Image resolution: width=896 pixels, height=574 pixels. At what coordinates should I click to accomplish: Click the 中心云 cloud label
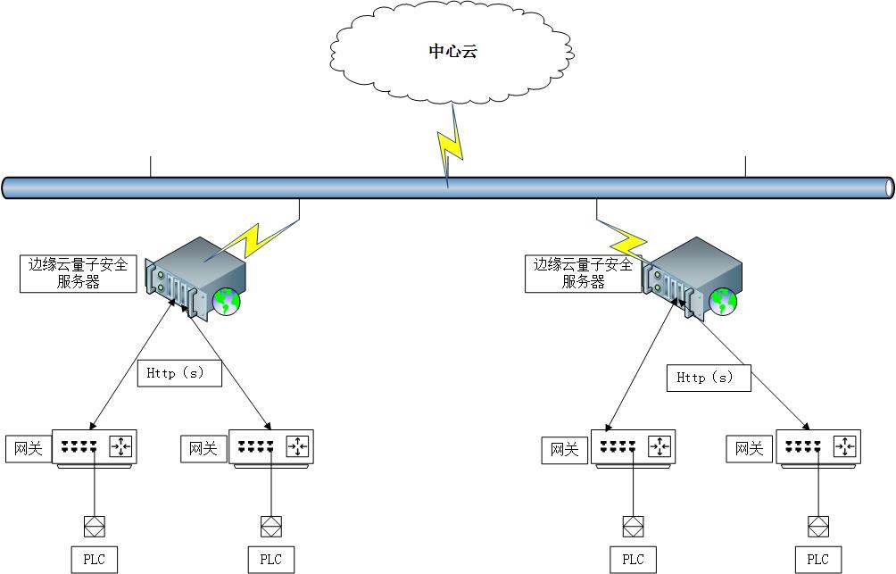(452, 52)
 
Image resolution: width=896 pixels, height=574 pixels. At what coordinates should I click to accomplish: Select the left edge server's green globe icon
(228, 302)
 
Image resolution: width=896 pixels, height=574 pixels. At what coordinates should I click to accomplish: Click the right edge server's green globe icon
(724, 302)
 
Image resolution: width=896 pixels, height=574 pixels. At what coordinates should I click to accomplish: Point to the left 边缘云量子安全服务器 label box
(79, 273)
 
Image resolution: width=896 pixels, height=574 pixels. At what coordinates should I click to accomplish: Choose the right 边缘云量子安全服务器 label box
(584, 273)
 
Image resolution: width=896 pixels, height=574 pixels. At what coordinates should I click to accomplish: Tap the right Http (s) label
(709, 378)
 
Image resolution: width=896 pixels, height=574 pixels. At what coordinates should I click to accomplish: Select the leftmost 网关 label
(29, 448)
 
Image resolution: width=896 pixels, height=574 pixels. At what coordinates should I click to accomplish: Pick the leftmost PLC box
(94, 560)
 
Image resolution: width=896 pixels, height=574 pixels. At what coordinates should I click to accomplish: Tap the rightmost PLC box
(817, 560)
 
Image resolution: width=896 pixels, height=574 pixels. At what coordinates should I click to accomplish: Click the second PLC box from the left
(270, 560)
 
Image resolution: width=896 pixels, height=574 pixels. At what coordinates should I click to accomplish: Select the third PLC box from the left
(633, 560)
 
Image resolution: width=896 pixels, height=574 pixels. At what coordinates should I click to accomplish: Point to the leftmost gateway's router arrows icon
(121, 445)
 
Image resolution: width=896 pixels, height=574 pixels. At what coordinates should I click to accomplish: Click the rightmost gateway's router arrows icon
(845, 445)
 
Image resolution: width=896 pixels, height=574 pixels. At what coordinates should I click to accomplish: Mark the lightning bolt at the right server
(630, 242)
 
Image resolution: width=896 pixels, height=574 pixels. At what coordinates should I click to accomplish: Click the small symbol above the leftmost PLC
(94, 524)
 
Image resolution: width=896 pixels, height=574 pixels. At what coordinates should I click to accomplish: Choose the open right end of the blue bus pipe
(888, 187)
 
